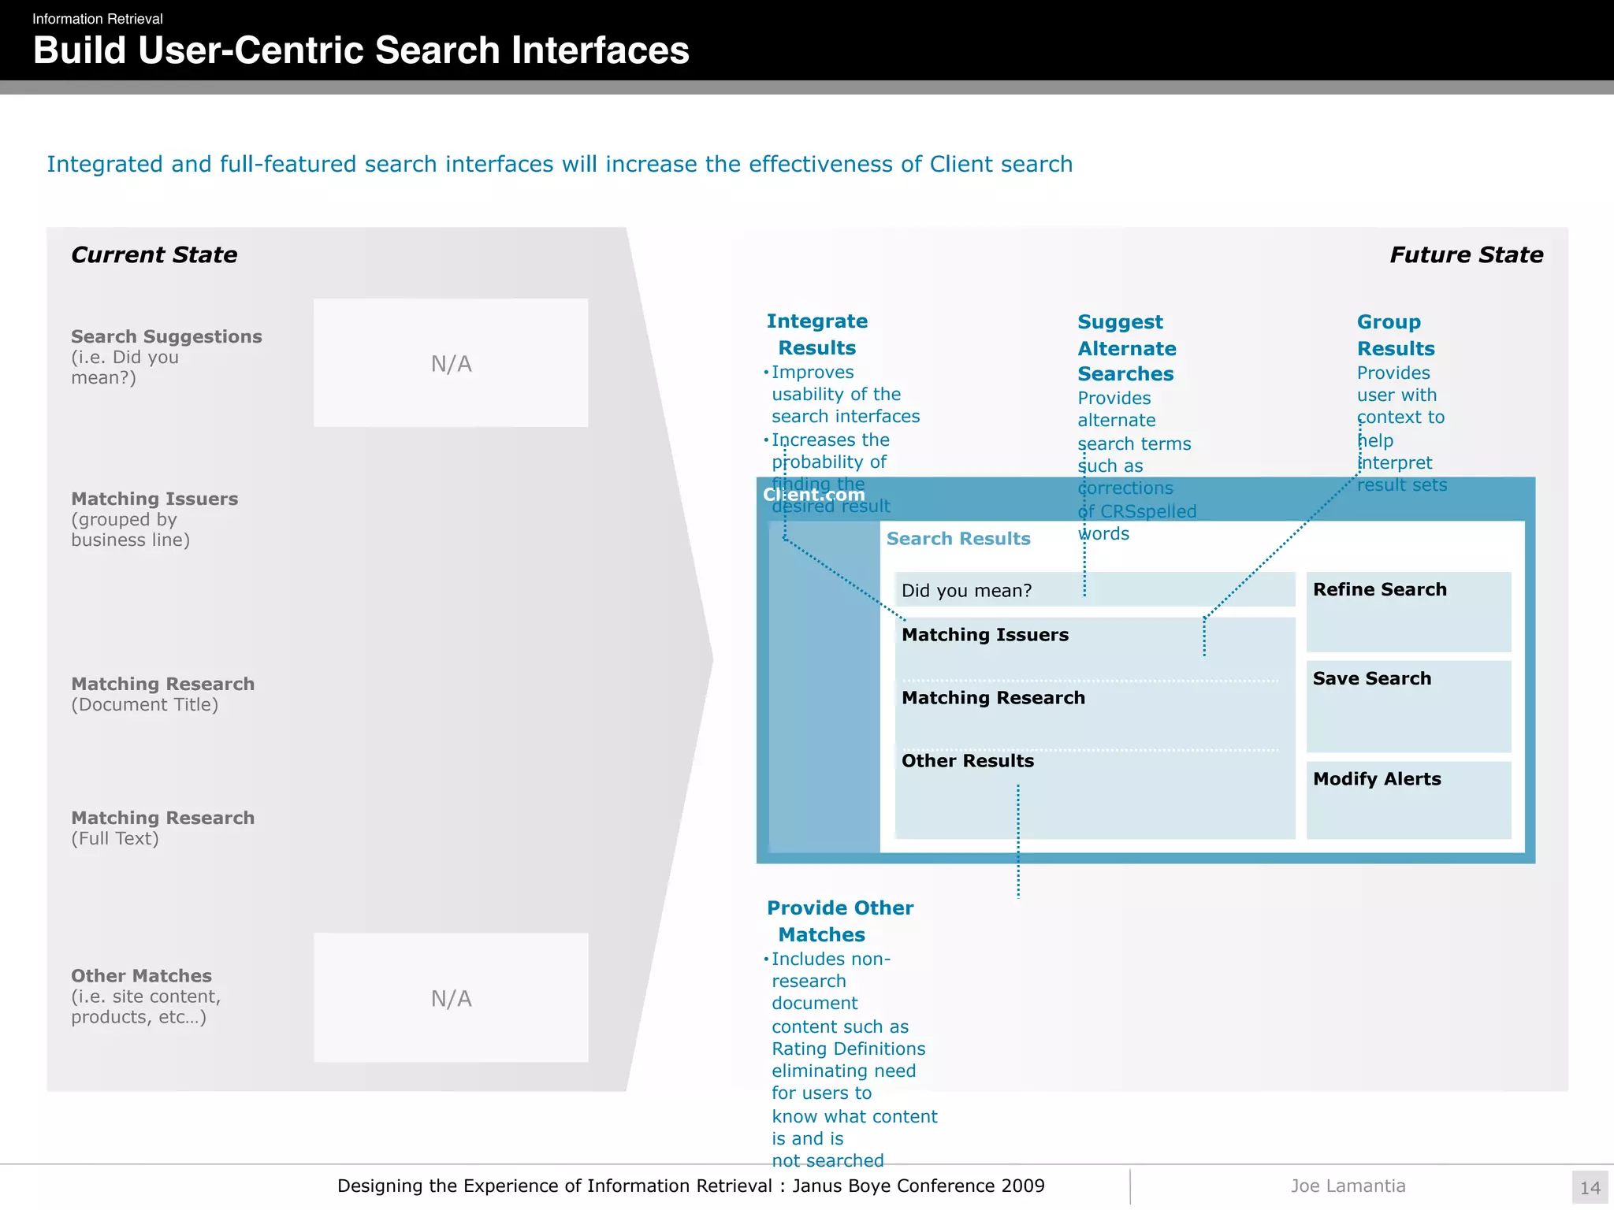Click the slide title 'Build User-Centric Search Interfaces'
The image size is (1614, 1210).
(361, 50)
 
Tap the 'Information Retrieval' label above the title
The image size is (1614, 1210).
(98, 19)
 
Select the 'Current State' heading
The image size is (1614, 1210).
(154, 255)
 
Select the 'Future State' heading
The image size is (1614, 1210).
(1466, 255)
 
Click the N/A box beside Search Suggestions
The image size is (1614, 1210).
(451, 363)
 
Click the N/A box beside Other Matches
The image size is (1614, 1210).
(451, 998)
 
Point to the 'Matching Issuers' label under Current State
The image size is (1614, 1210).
(154, 499)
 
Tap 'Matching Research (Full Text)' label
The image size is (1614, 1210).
(162, 827)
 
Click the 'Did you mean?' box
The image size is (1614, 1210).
(1094, 590)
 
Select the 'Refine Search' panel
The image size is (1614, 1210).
(1408, 611)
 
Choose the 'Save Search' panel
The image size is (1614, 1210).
(1408, 705)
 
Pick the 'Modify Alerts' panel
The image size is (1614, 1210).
(1408, 799)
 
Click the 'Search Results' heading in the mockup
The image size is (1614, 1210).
(958, 539)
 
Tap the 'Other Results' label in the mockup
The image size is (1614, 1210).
(968, 761)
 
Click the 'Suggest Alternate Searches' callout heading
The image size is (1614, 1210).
(1126, 348)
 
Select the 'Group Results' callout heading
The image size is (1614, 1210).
(1395, 335)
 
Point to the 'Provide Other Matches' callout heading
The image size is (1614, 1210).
(840, 921)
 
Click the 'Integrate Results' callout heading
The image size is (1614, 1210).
(817, 334)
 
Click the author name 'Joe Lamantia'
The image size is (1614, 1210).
(1348, 1186)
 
